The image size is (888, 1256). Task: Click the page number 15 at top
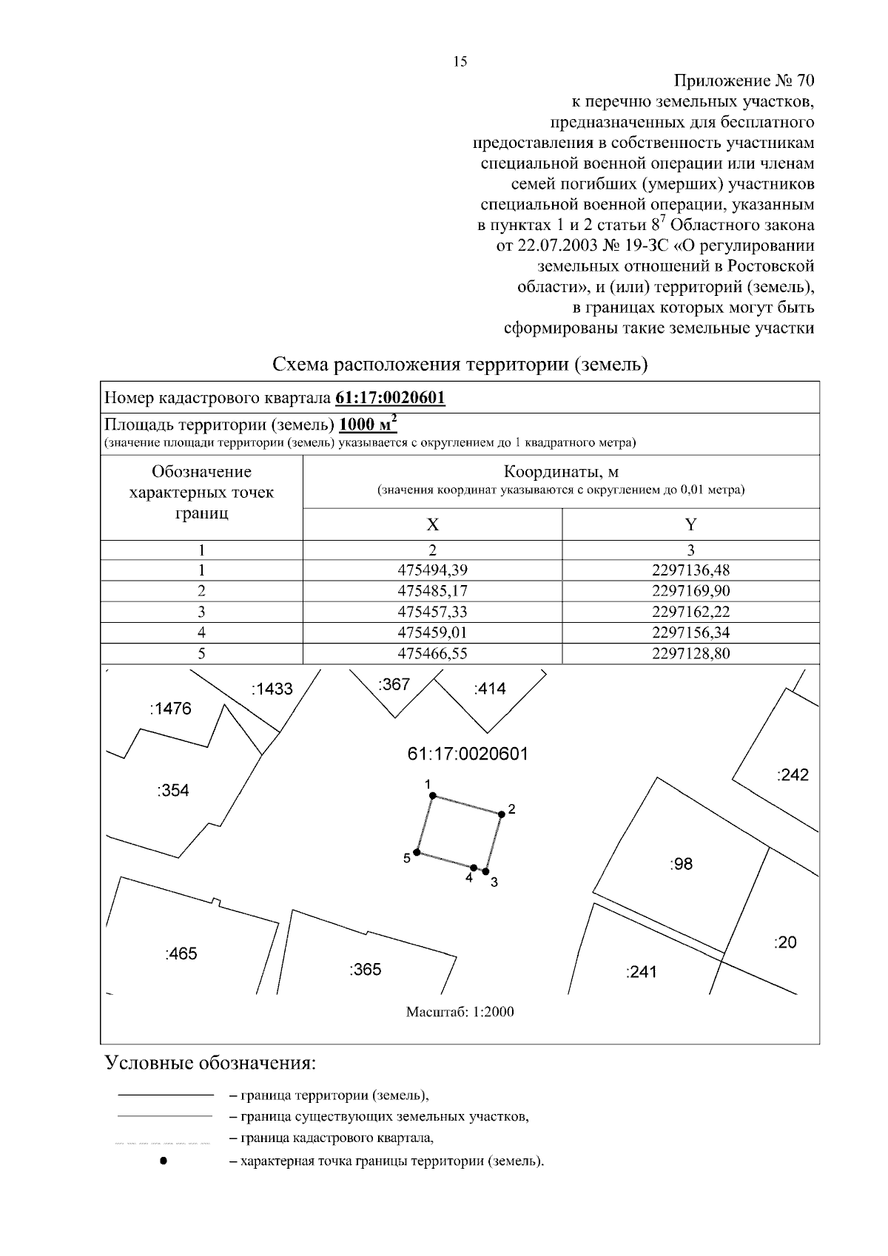click(460, 62)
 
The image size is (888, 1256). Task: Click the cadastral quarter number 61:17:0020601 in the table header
click(391, 398)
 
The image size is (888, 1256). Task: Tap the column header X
click(432, 524)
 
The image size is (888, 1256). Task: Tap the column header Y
click(690, 524)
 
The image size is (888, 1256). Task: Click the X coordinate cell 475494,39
click(432, 570)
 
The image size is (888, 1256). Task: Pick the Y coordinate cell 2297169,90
click(690, 591)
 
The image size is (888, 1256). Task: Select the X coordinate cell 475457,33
click(432, 612)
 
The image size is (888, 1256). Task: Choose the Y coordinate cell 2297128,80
click(690, 653)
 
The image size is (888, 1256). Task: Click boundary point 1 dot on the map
click(434, 796)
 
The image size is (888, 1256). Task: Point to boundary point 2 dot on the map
click(501, 814)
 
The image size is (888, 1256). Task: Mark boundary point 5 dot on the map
click(417, 852)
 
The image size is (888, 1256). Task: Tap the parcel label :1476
click(170, 709)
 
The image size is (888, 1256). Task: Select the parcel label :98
click(681, 863)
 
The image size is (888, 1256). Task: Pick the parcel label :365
click(365, 969)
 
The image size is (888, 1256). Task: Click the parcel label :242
click(793, 775)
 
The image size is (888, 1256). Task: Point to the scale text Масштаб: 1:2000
click(460, 1012)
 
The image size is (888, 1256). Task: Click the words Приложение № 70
click(744, 80)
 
